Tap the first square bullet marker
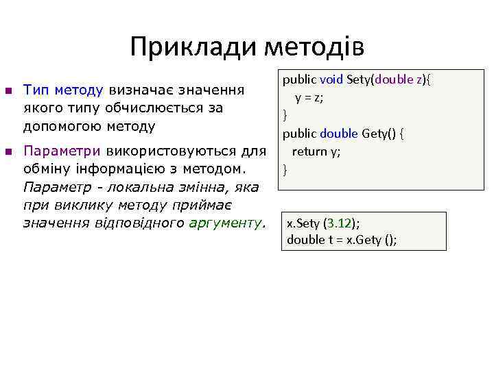click(x=8, y=90)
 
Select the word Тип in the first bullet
click(x=34, y=90)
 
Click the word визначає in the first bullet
click(x=141, y=90)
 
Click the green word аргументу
click(x=224, y=222)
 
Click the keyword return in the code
click(x=308, y=151)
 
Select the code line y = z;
click(x=309, y=97)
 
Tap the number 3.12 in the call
click(x=340, y=223)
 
